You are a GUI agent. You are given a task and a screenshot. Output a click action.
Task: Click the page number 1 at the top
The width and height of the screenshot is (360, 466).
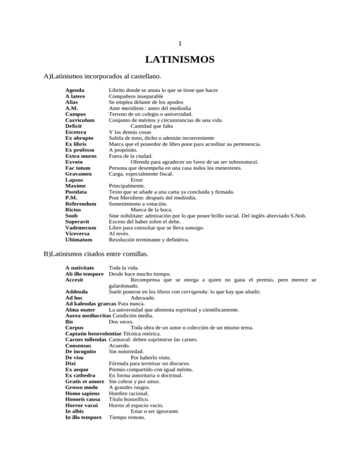pos(180,44)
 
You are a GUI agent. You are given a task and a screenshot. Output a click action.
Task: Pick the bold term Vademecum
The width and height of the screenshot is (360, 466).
pos(81,228)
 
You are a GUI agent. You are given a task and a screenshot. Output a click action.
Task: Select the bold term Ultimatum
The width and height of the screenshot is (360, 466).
pos(79,240)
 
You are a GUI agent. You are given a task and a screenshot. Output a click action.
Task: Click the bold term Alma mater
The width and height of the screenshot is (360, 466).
pos(81,310)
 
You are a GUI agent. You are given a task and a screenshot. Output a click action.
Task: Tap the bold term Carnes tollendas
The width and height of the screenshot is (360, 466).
pos(86,339)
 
